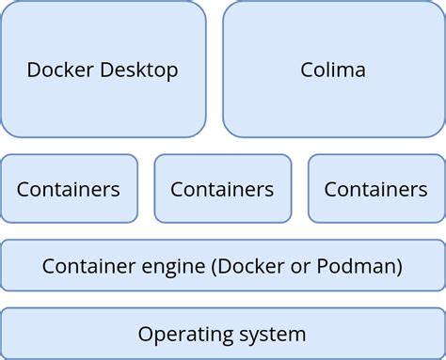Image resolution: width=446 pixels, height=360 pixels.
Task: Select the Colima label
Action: pyautogui.click(x=333, y=70)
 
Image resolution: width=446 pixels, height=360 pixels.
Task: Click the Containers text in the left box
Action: pyautogui.click(x=69, y=189)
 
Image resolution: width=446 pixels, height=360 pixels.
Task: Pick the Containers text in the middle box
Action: pyautogui.click(x=222, y=189)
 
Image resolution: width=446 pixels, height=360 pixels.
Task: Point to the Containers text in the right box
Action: pyautogui.click(x=375, y=189)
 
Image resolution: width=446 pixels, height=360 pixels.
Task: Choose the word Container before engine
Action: pyautogui.click(x=89, y=266)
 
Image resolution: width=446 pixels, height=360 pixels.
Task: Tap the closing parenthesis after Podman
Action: pyautogui.click(x=401, y=266)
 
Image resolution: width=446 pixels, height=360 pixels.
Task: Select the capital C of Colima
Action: pyautogui.click(x=307, y=70)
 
